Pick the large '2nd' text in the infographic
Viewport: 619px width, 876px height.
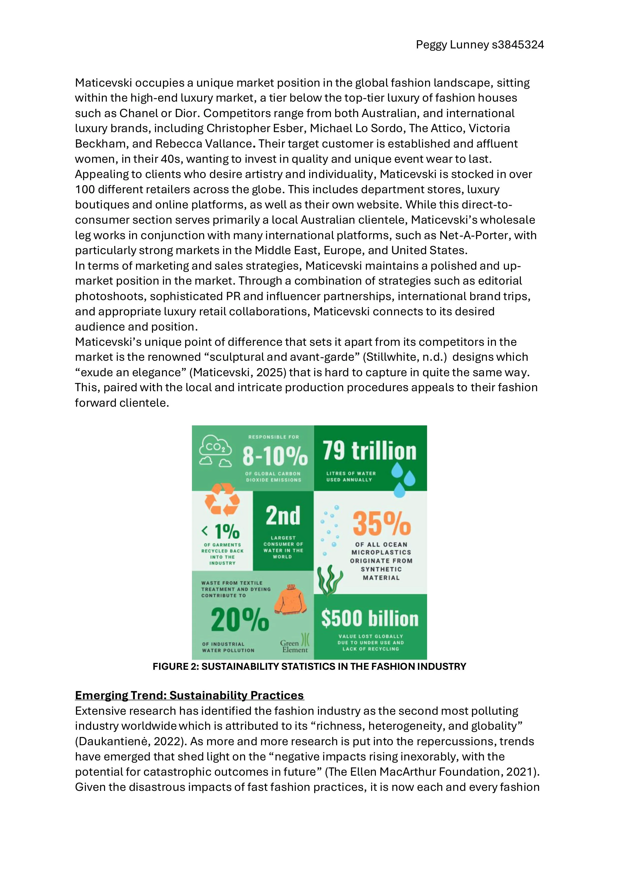(283, 516)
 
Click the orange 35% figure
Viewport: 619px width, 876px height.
(381, 524)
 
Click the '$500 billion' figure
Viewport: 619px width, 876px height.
(370, 619)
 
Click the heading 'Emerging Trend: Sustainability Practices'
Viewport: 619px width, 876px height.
(189, 695)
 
